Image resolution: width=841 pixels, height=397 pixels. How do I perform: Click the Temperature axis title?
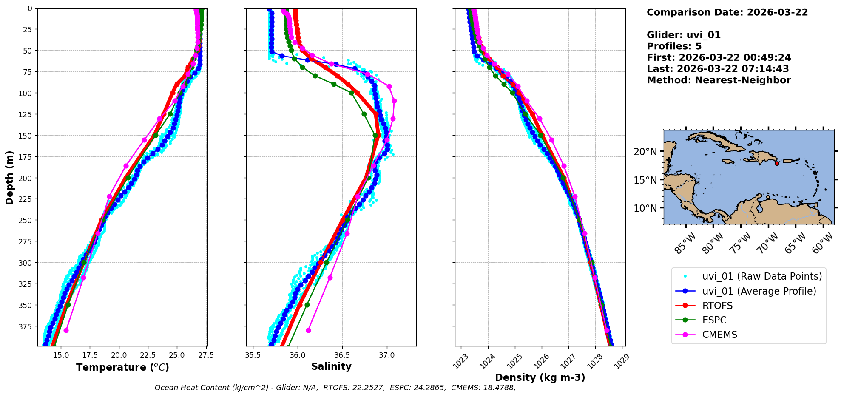[x=122, y=367]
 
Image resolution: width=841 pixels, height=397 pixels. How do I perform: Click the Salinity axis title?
[x=331, y=367]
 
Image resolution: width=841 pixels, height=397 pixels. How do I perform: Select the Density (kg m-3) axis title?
[x=540, y=377]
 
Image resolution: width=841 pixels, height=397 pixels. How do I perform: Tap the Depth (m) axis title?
[x=10, y=177]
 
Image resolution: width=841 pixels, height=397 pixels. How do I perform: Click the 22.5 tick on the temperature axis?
[x=148, y=355]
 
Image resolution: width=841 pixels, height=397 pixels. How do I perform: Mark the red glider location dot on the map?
[x=777, y=163]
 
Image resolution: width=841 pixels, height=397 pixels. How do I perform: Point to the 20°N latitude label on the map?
[x=645, y=152]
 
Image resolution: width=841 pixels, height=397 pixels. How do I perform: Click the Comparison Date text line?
[x=727, y=12]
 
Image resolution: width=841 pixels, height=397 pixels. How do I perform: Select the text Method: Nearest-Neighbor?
[x=719, y=80]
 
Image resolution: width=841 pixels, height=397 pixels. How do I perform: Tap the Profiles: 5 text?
[x=674, y=46]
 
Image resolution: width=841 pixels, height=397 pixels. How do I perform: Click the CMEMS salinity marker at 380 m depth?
[x=308, y=330]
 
